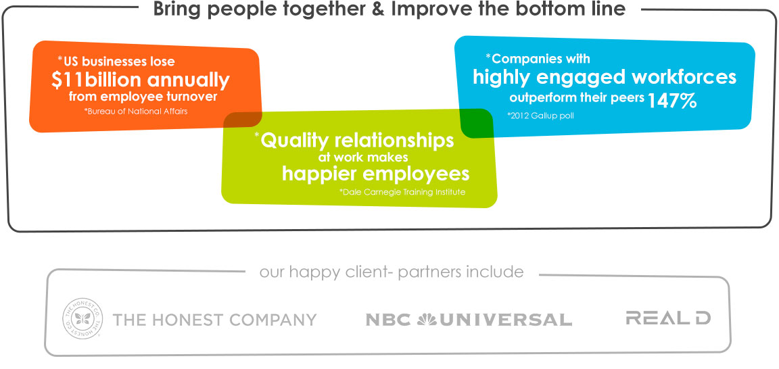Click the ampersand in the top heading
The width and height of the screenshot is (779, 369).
click(379, 9)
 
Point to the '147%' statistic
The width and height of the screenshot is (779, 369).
click(671, 101)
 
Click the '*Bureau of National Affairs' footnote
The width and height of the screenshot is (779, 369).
click(136, 112)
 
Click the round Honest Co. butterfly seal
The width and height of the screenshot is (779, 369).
click(83, 318)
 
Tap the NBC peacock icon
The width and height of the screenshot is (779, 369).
click(426, 320)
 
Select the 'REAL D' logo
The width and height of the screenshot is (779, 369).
click(668, 318)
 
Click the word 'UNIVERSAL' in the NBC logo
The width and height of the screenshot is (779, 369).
click(504, 320)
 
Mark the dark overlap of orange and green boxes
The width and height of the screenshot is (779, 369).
click(243, 119)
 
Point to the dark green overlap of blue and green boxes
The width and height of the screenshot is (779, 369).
click(475, 123)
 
